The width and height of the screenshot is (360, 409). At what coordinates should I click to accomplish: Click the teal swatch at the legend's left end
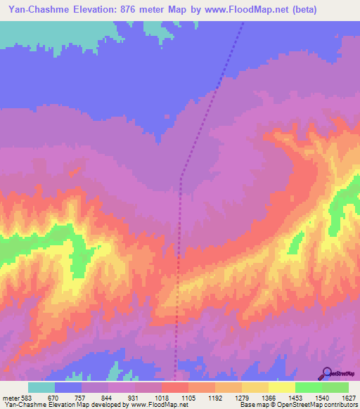tap(41, 387)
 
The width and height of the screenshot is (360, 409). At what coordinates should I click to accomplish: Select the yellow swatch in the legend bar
tap(281, 387)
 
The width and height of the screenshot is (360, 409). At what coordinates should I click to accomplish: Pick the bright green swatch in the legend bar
tap(308, 387)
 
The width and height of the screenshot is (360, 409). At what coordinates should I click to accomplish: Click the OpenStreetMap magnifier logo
tap(326, 372)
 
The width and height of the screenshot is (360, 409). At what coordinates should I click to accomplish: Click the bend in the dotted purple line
tap(181, 177)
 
